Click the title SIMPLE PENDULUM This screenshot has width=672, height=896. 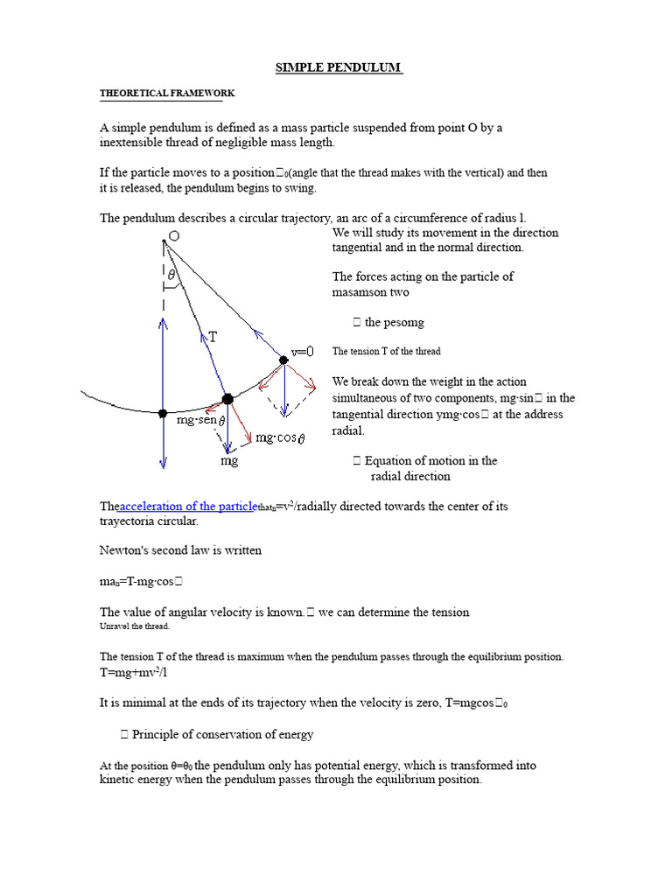coord(339,68)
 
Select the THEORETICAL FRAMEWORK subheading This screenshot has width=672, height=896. coord(167,93)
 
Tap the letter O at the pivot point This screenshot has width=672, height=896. coord(174,236)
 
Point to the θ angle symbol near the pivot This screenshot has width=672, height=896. coord(171,275)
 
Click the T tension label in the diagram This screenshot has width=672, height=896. coord(213,336)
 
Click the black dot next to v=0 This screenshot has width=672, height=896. coord(283,360)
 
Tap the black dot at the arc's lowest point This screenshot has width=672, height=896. coord(163,413)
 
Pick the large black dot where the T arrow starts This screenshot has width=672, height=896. coord(227,399)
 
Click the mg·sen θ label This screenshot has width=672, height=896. coord(201,421)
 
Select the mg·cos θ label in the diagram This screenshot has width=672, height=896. coord(280,437)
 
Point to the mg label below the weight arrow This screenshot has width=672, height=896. coord(228,459)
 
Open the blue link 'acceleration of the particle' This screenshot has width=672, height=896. coord(186,507)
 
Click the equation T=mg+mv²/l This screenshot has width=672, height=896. coord(133,673)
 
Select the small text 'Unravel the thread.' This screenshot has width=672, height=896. coord(135,626)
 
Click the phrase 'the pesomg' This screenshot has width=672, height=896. coord(394,323)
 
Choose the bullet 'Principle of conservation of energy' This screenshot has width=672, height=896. coord(222,734)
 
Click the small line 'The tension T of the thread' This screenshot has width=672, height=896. coord(386,351)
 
